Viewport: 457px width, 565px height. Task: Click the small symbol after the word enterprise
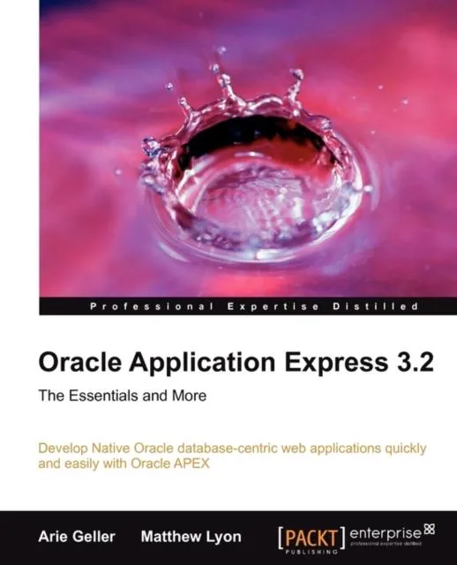[x=430, y=530]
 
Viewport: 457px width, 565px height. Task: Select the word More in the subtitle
[x=191, y=396]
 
